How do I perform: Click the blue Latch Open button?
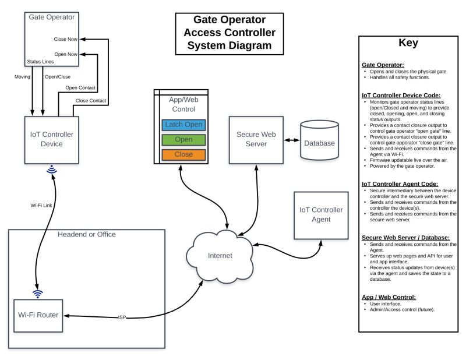pos(183,125)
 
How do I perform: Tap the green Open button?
pos(183,140)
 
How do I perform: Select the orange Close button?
pos(183,155)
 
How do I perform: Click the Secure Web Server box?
pos(256,140)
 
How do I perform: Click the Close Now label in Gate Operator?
pos(64,40)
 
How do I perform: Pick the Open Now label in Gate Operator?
pos(65,54)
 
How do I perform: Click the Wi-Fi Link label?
pos(42,205)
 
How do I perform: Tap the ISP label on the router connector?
pos(122,317)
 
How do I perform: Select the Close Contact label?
pos(90,101)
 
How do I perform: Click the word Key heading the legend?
pos(408,43)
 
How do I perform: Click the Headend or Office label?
pos(87,234)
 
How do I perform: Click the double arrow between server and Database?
pos(292,140)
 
